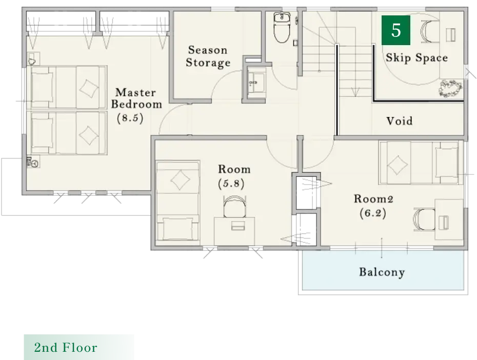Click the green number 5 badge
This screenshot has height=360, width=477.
point(396,30)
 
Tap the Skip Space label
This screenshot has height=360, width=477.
point(417,58)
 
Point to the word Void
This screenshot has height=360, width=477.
point(400,121)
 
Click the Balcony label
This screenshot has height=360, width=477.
point(382,272)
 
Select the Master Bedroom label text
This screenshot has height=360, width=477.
point(136,98)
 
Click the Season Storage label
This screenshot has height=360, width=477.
point(208,56)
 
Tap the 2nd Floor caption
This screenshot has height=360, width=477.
point(66,348)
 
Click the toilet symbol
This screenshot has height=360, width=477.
point(282,27)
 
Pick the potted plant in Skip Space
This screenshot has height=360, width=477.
point(450,89)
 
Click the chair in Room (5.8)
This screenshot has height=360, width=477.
point(234,206)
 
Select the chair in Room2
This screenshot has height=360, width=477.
point(424,219)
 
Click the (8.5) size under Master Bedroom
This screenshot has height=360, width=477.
point(130,118)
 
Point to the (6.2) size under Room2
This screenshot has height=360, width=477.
point(373,213)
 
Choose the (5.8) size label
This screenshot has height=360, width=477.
point(231,184)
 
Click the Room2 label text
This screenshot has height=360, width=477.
point(373,199)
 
